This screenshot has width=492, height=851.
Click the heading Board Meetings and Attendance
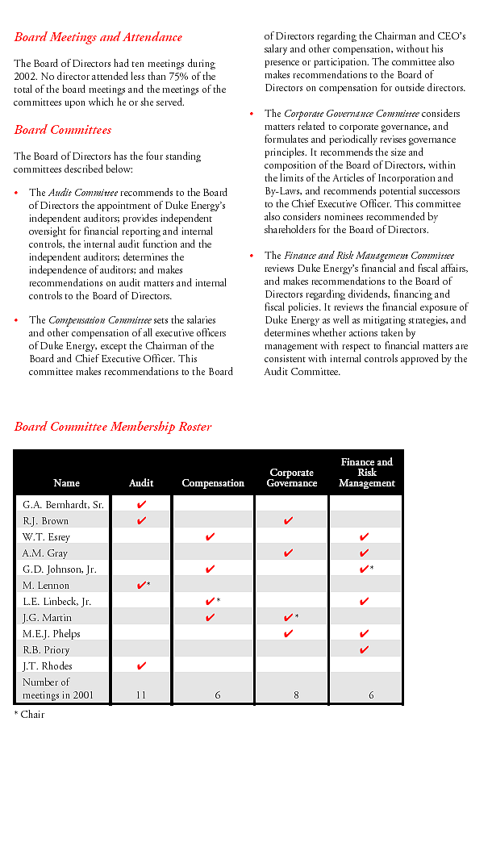98,37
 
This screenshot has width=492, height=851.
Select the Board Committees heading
63,130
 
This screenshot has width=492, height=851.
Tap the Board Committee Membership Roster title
113,427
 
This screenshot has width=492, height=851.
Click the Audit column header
141,483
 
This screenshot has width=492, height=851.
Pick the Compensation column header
213,483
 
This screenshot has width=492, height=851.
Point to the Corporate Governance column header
292,478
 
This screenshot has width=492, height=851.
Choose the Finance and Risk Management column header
367,473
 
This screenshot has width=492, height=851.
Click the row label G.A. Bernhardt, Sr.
63,505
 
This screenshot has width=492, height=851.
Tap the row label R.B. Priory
46,650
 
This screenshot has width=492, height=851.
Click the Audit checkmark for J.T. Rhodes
141,665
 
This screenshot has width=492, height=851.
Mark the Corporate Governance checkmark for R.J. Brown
288,520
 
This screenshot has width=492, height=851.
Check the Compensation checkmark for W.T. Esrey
210,536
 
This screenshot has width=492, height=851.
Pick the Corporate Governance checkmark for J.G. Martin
288,617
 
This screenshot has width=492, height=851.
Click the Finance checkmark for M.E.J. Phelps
364,633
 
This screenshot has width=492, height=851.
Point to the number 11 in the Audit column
141,695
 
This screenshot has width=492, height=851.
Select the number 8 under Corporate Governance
296,695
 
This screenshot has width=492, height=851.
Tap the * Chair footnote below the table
29,715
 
